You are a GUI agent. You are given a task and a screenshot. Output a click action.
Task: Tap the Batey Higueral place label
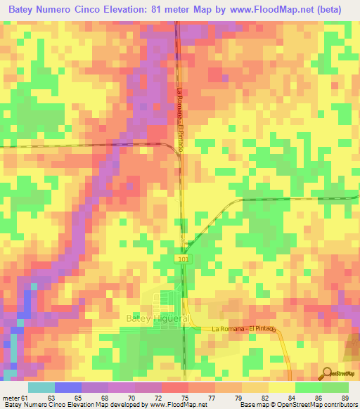coord(157,318)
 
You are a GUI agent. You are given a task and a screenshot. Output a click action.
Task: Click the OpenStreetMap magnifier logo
coord(328,375)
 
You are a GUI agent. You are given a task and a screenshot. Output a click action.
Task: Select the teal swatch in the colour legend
coord(41,387)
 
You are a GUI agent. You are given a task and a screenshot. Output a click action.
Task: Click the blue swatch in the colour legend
coord(68,387)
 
